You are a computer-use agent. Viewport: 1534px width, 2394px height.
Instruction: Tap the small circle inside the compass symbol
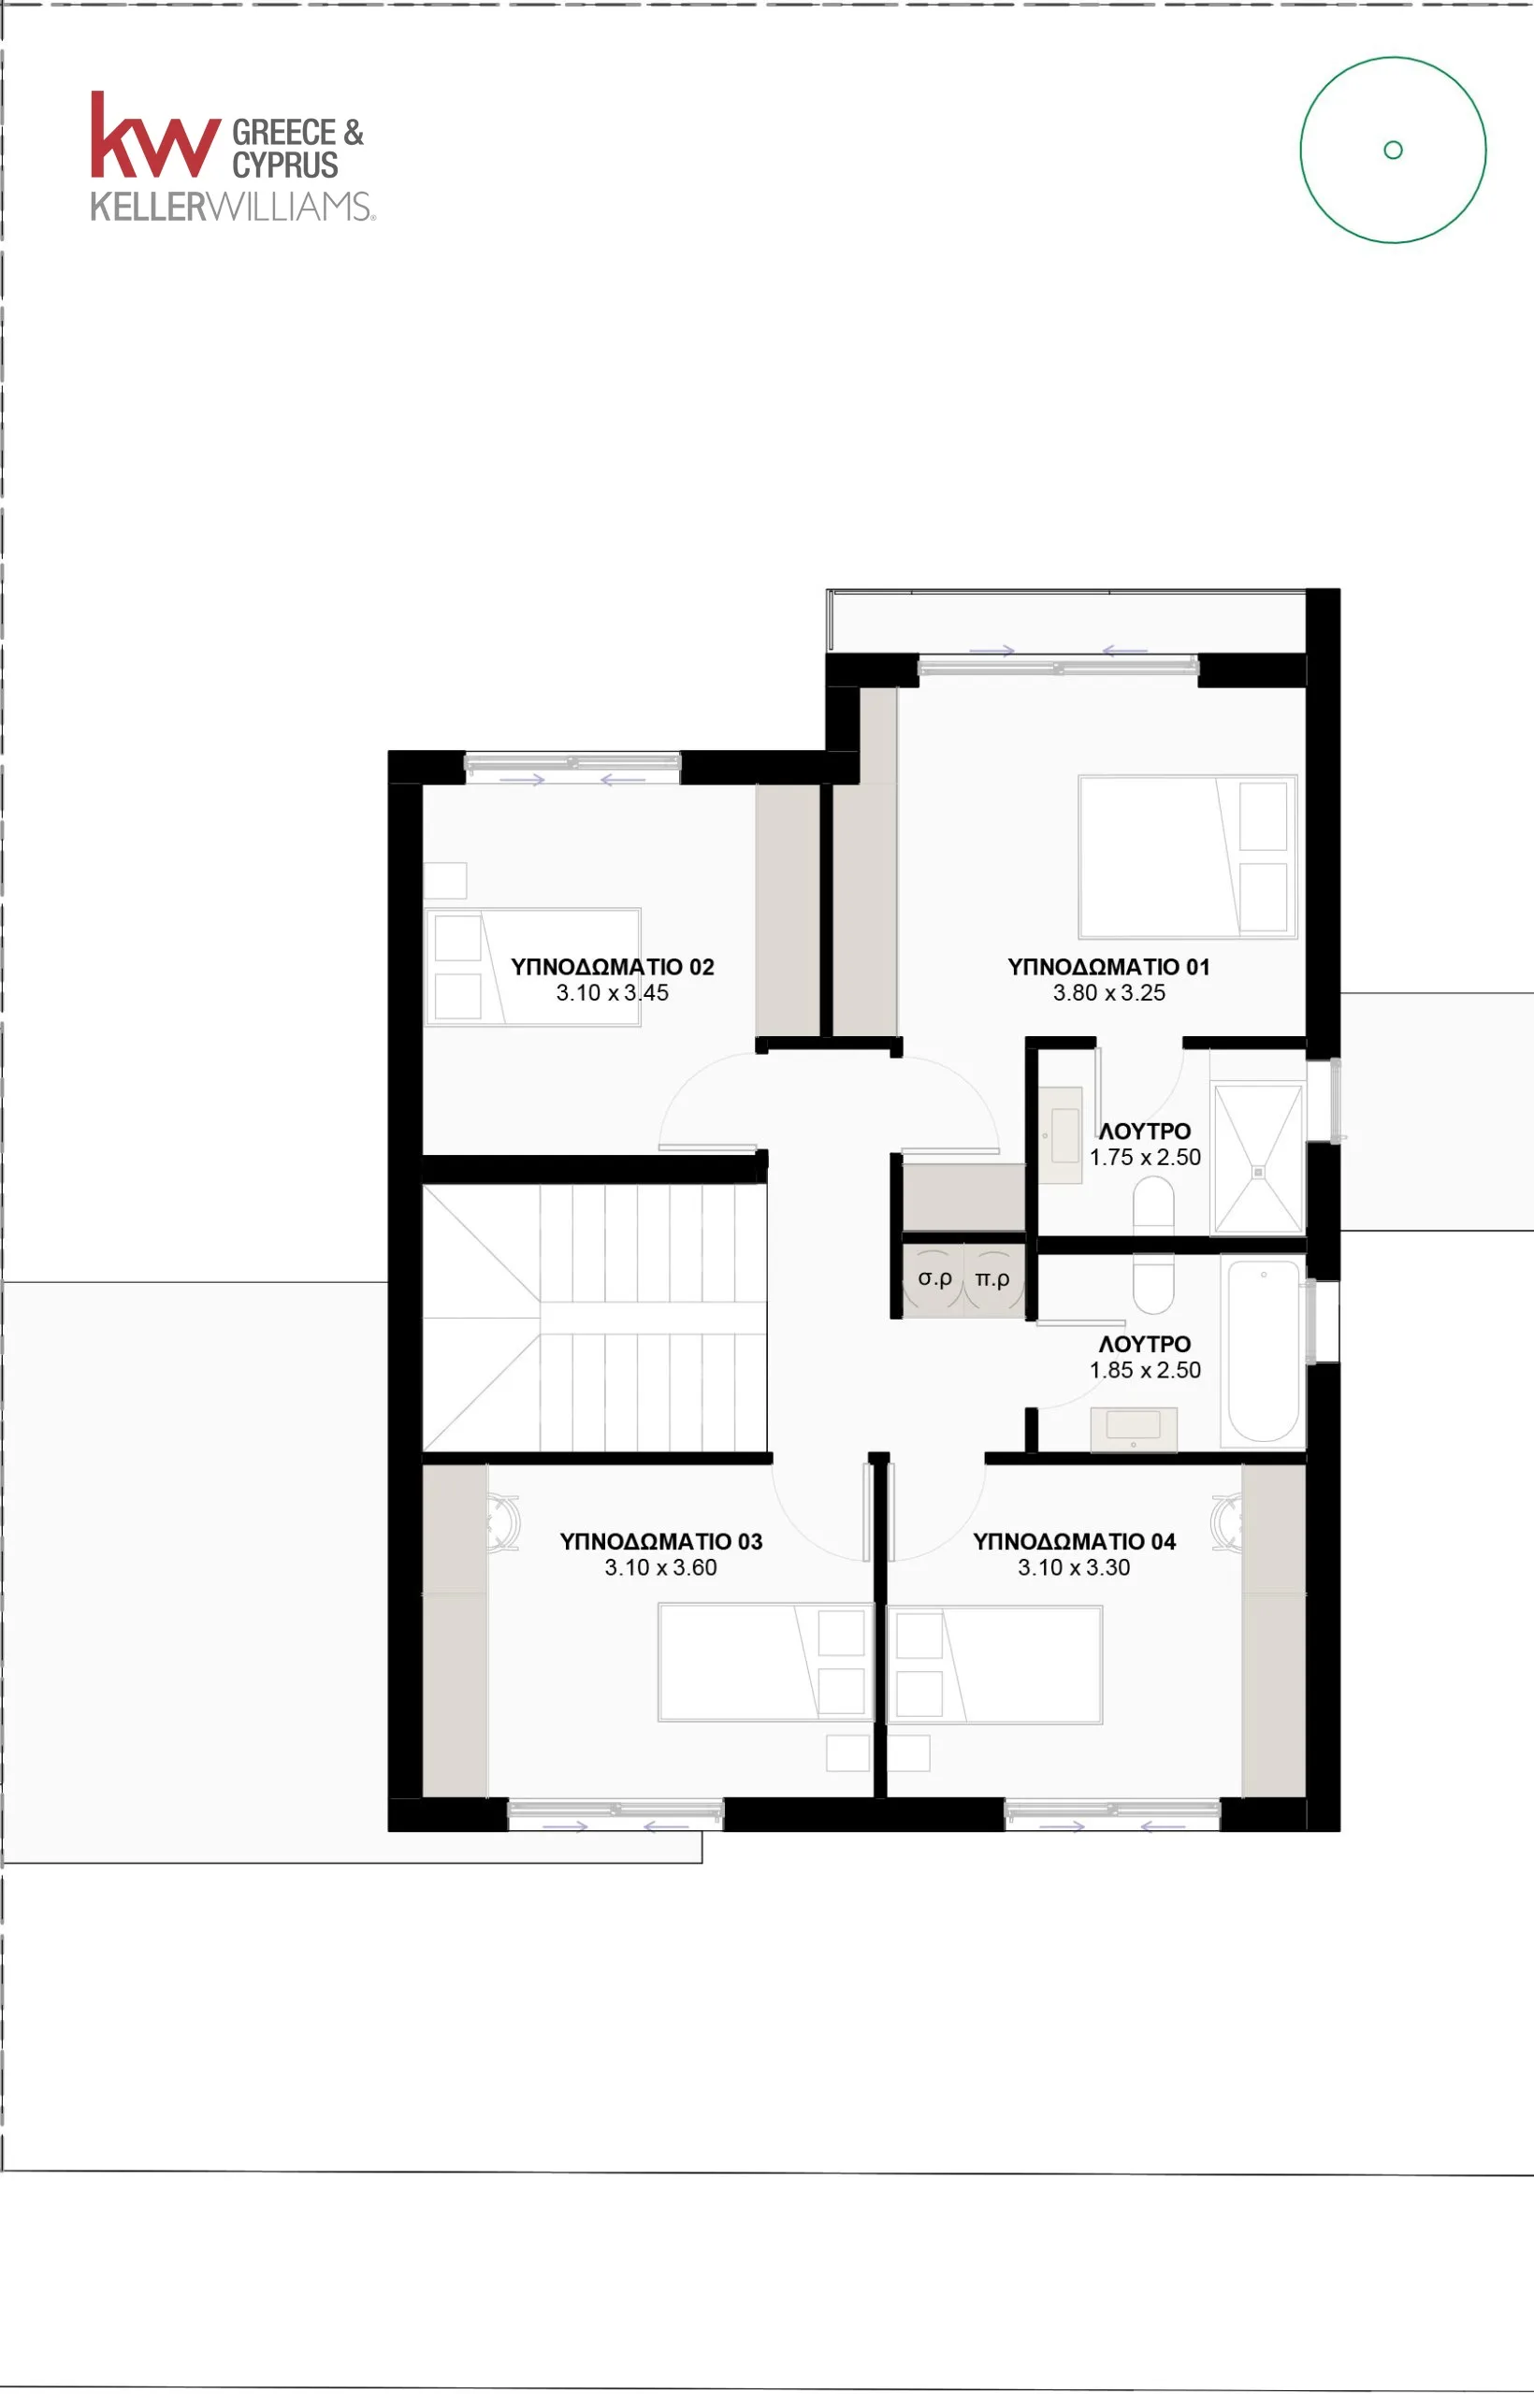[1393, 150]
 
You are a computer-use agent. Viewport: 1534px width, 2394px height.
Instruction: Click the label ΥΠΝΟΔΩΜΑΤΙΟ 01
[1108, 967]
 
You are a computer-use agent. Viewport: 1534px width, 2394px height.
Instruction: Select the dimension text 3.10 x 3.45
[612, 993]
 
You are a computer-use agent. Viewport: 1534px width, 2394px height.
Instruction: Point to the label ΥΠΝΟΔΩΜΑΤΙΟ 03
[660, 1541]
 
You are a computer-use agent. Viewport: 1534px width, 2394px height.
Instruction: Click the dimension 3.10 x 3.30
[1074, 1567]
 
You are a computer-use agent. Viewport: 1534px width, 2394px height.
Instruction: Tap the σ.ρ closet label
[934, 1277]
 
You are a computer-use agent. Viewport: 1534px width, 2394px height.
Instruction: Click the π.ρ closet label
[992, 1278]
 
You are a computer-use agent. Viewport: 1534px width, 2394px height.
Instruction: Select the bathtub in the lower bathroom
[1263, 1351]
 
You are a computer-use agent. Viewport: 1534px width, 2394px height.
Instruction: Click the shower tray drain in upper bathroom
[1258, 1172]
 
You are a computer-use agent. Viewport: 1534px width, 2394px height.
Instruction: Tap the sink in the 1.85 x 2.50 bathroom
[1134, 1429]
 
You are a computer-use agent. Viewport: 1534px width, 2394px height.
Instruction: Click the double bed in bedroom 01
[1187, 857]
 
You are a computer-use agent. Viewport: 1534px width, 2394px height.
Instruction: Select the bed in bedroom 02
[533, 967]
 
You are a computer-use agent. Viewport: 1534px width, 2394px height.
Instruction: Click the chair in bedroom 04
[1226, 1522]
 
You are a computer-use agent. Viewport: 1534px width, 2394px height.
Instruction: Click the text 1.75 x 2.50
[1145, 1157]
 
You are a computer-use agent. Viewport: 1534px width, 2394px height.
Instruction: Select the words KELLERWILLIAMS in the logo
[232, 206]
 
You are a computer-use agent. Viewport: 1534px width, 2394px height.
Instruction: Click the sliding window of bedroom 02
[572, 766]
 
